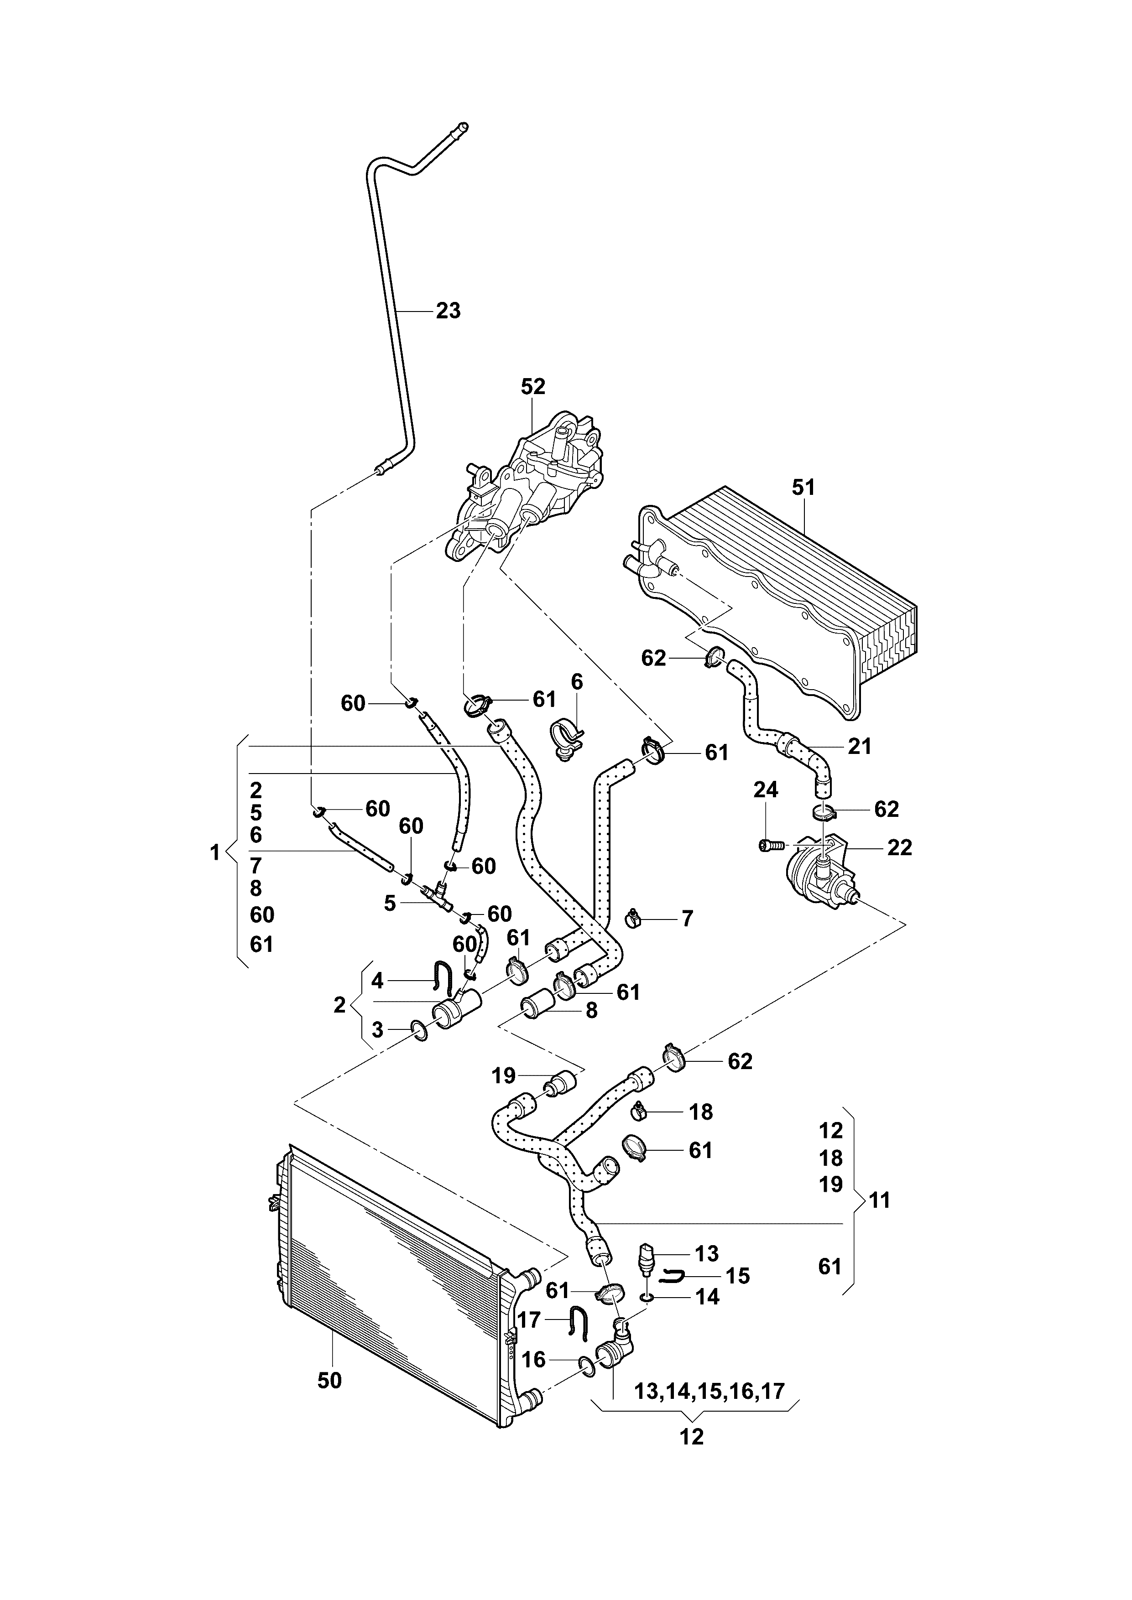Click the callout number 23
(448, 311)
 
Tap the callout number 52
(533, 387)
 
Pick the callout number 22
(899, 848)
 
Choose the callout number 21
(860, 746)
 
